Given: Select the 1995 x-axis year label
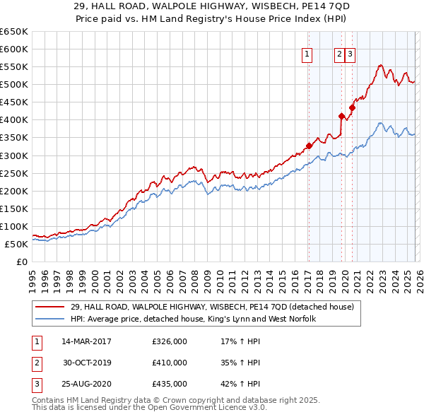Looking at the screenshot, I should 33,274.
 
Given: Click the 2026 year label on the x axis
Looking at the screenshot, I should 418,274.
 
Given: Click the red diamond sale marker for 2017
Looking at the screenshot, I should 309,146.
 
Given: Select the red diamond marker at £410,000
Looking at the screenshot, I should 341,116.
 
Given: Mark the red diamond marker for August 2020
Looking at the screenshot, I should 352,107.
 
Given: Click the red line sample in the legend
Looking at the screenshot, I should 50,307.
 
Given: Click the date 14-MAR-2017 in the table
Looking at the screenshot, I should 86,341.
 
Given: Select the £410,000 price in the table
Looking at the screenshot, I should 170,363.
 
